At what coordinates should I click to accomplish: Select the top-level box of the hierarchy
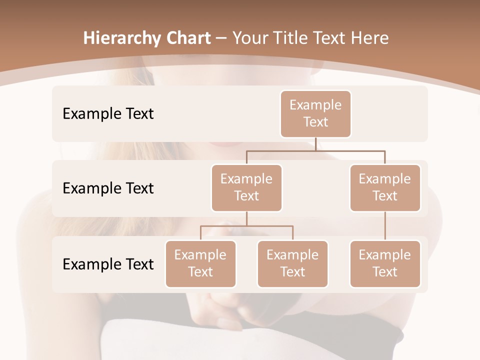(315, 113)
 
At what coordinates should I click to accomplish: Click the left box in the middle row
(246, 187)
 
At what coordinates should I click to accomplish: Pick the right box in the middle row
(385, 187)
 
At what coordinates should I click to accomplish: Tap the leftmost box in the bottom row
(200, 263)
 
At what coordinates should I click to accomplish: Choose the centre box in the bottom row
(292, 263)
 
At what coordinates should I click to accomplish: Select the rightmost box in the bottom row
(385, 263)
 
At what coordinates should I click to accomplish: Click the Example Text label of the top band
(108, 113)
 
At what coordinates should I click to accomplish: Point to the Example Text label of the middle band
(108, 188)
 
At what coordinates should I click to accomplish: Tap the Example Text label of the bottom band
(108, 264)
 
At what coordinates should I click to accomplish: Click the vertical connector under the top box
(315, 144)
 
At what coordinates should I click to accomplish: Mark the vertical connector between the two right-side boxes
(385, 226)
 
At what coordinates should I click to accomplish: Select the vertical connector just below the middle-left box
(246, 218)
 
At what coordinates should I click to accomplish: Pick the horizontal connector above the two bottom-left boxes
(246, 226)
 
